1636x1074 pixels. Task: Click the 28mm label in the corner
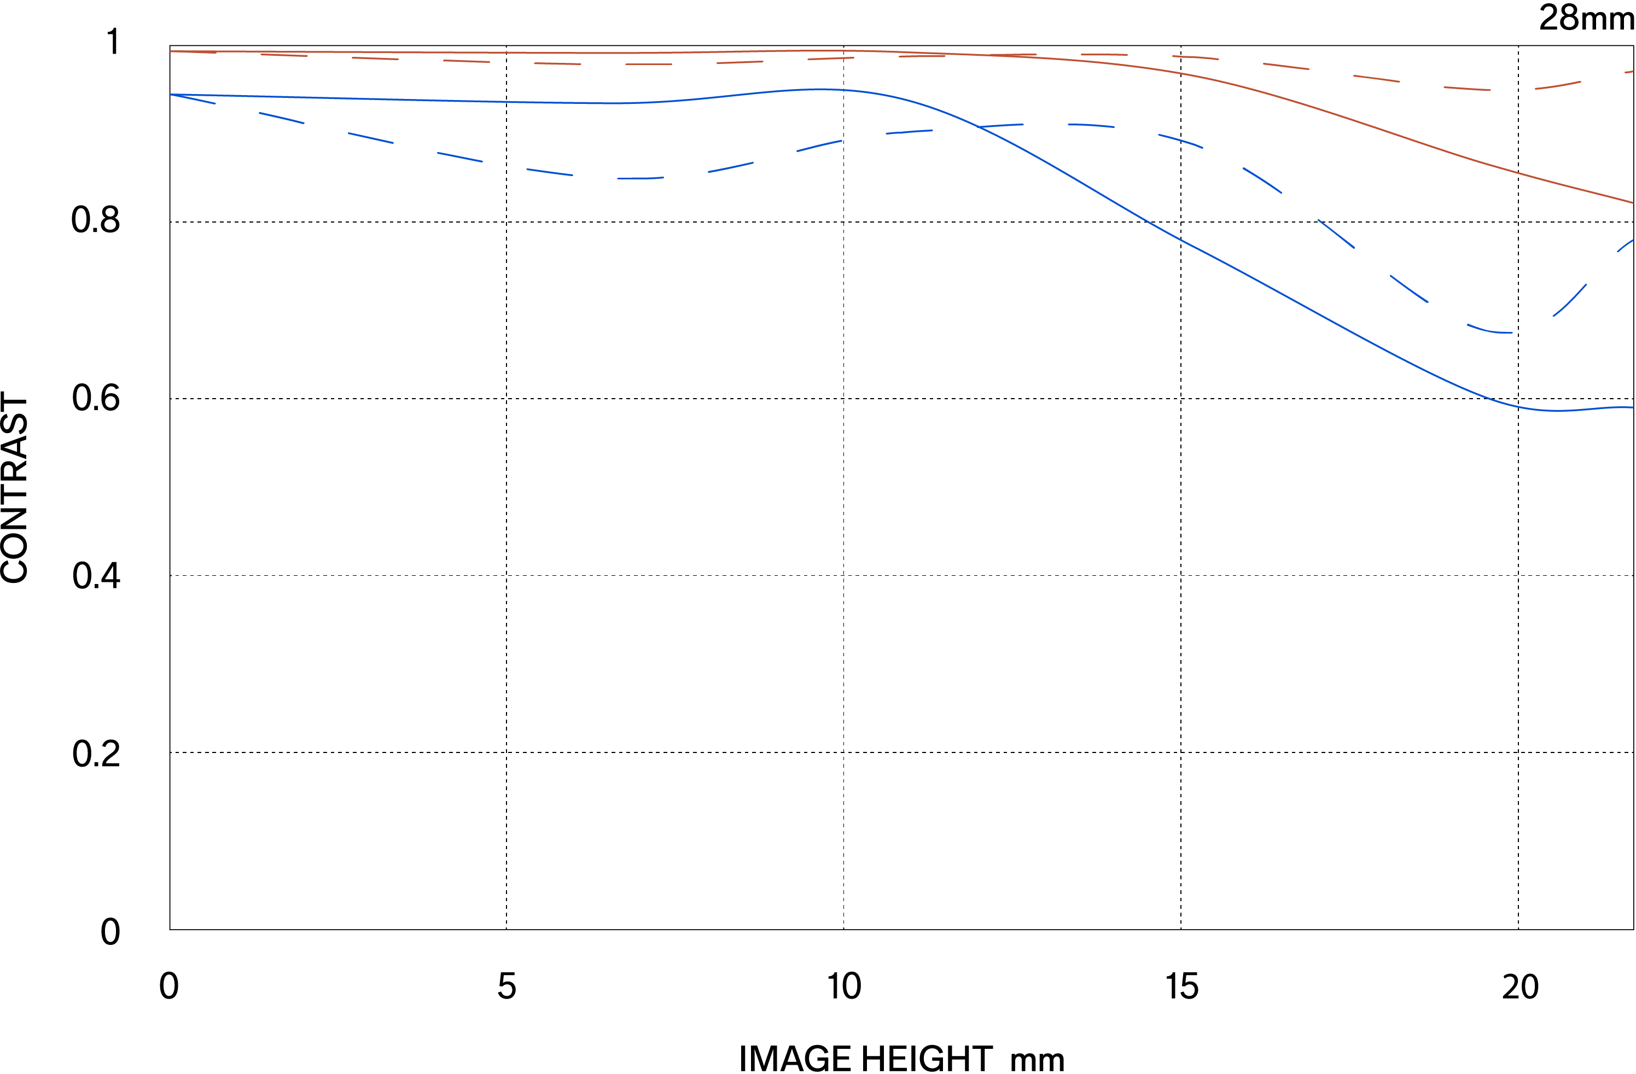[x=1586, y=18]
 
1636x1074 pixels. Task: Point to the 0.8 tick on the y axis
[x=96, y=220]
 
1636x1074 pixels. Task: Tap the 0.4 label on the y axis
[x=96, y=576]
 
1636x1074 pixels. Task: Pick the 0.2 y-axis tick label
[x=96, y=754]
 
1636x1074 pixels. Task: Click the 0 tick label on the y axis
[x=110, y=932]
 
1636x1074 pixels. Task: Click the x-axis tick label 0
[x=168, y=987]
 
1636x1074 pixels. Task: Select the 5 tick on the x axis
[x=506, y=987]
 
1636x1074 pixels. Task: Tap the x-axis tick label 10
[x=843, y=987]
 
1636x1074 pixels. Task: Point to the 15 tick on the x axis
[x=1181, y=987]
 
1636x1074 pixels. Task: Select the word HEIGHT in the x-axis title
[x=927, y=1059]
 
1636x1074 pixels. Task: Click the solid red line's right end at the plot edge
[x=1632, y=203]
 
